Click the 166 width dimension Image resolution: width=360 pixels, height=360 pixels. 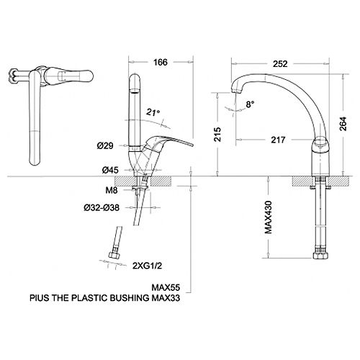[x=161, y=63]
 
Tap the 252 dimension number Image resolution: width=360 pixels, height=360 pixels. [x=280, y=64]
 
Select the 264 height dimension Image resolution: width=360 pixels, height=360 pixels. [x=343, y=124]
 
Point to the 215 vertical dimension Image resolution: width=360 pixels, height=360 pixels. [x=218, y=134]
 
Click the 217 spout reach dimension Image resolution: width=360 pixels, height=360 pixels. [x=278, y=140]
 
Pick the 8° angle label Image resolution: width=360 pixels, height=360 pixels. [x=250, y=104]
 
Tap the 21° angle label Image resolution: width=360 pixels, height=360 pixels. [x=153, y=112]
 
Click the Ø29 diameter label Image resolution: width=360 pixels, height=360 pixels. [x=105, y=145]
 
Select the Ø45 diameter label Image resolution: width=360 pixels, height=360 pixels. [x=110, y=170]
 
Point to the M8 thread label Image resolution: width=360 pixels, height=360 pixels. [x=112, y=190]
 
